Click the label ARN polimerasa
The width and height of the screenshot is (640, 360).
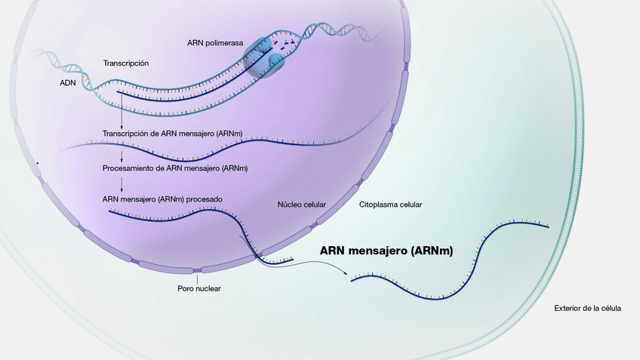(215, 43)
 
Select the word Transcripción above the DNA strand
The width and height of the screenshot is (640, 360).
(126, 63)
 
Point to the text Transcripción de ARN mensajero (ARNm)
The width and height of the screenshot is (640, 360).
(173, 133)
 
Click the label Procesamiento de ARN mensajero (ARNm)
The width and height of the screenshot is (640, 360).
(175, 168)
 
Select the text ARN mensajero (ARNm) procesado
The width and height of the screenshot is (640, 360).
(162, 200)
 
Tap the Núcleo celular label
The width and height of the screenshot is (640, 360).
(302, 205)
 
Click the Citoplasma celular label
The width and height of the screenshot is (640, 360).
(390, 205)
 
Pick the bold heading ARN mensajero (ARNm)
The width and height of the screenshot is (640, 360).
(386, 251)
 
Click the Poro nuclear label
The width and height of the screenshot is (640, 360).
(198, 288)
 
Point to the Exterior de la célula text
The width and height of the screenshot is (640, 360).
(587, 308)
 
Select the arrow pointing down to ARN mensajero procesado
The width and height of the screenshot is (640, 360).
(122, 185)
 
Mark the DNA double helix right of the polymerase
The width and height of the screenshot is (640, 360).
(336, 29)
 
